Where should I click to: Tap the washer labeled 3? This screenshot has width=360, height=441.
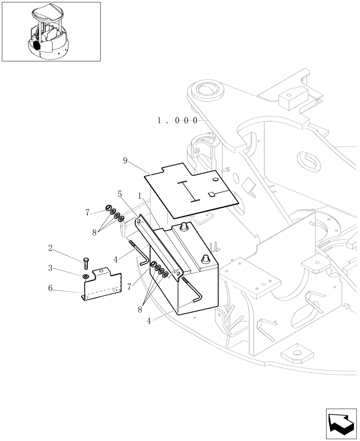coord(85,277)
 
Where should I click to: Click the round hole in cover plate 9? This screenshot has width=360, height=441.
coord(214,179)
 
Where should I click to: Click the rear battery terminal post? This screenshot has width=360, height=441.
coord(183,226)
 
